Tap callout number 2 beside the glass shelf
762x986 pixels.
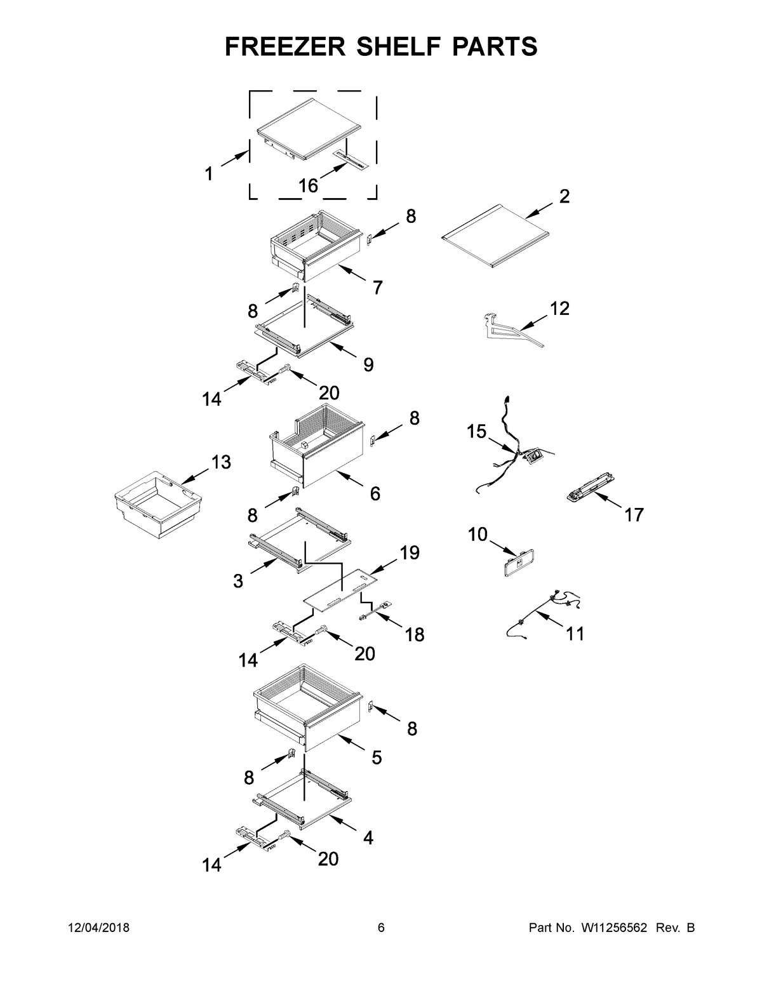pyautogui.click(x=564, y=196)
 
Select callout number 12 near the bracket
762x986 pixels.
pyautogui.click(x=559, y=309)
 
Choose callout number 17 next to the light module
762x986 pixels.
pyautogui.click(x=634, y=514)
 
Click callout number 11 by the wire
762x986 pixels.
pyautogui.click(x=575, y=633)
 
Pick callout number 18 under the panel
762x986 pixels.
pyautogui.click(x=414, y=634)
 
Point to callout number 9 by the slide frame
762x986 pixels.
pyautogui.click(x=368, y=365)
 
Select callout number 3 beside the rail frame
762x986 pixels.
pyautogui.click(x=237, y=580)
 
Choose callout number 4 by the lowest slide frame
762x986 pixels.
pyautogui.click(x=368, y=838)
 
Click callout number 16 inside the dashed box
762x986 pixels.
pyautogui.click(x=308, y=185)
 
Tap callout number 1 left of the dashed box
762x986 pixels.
pyautogui.click(x=208, y=173)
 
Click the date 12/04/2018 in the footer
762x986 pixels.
pyautogui.click(x=98, y=928)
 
